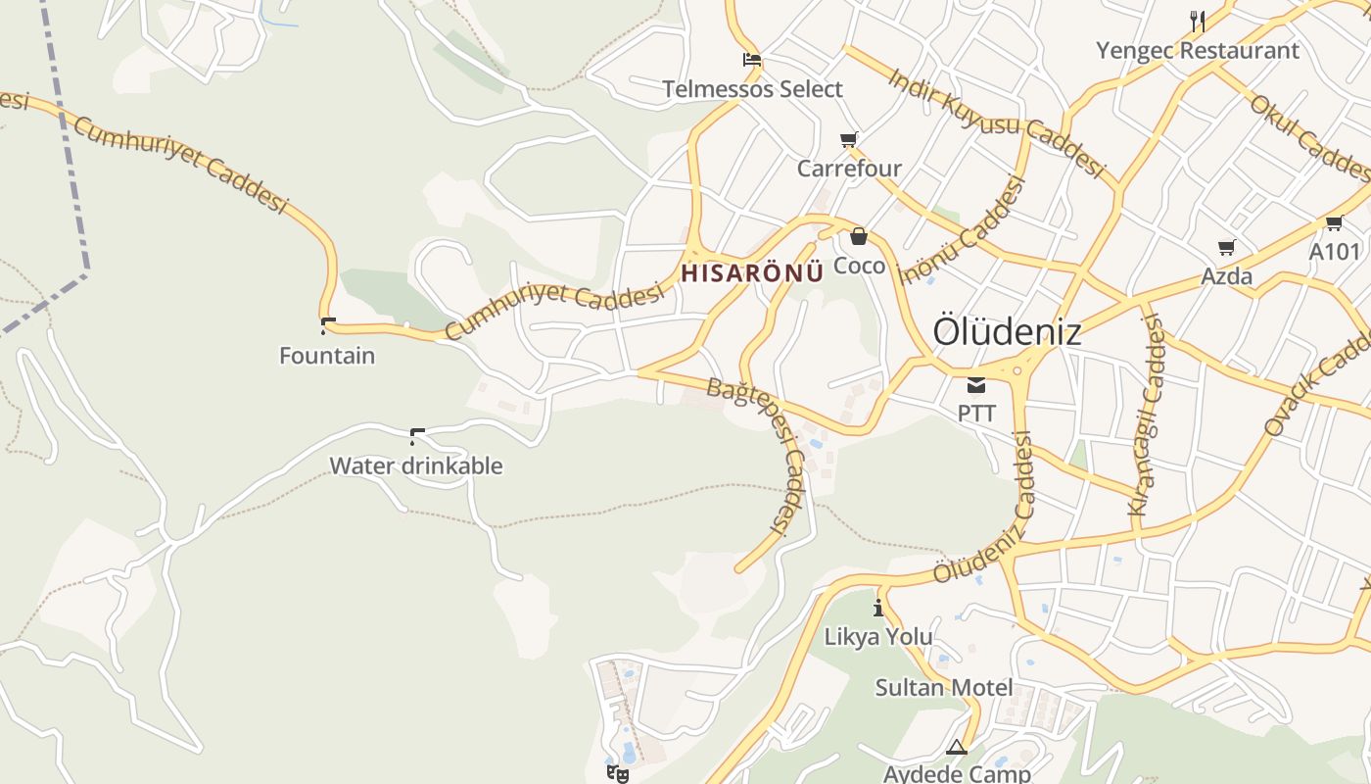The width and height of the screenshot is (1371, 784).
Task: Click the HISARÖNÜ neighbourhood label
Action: [x=752, y=273]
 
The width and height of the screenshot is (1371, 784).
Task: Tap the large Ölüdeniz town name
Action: [x=1007, y=331]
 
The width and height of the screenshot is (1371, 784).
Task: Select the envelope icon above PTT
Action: [x=976, y=384]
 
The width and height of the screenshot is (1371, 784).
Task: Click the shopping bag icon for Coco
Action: [x=859, y=236]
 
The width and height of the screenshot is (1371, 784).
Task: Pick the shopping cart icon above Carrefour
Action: [x=848, y=139]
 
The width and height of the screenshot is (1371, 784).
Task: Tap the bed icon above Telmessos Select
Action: [x=752, y=60]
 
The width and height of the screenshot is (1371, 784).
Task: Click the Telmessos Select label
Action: [x=752, y=89]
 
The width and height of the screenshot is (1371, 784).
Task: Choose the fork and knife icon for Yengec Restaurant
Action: [x=1197, y=21]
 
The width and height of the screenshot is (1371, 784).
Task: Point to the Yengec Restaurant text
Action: [x=1197, y=50]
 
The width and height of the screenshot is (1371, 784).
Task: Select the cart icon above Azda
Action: [x=1226, y=247]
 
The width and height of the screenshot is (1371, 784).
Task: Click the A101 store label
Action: [x=1335, y=252]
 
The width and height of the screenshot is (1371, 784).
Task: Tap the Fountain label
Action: [x=327, y=355]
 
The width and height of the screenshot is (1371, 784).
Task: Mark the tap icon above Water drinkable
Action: [x=417, y=436]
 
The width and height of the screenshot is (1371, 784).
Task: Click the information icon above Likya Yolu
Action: [x=878, y=608]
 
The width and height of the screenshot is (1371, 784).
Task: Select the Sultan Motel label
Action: [x=944, y=687]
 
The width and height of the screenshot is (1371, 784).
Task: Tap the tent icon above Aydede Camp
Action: [x=957, y=748]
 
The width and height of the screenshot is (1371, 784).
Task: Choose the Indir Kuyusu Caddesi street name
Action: [x=996, y=121]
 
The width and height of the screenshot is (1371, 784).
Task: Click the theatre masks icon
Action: [x=617, y=773]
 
